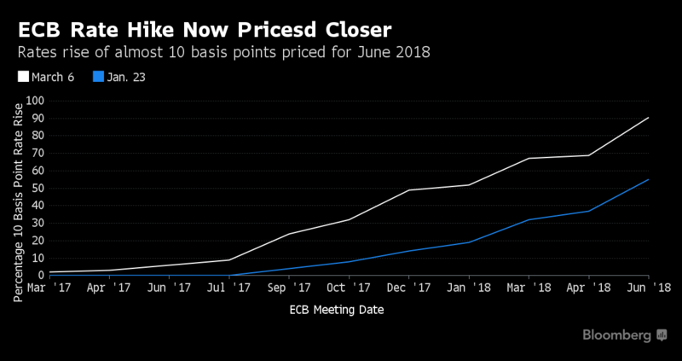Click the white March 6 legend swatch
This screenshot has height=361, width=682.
click(23, 78)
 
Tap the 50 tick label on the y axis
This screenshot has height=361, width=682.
click(38, 189)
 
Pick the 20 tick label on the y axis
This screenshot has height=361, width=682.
click(38, 242)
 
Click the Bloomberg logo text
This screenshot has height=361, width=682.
click(617, 335)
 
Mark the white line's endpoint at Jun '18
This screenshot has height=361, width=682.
click(649, 118)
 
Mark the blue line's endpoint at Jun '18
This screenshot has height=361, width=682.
click(649, 179)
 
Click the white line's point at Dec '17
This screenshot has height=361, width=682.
click(409, 189)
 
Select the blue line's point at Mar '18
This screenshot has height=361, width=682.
click(529, 220)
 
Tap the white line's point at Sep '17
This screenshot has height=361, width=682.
click(289, 234)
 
